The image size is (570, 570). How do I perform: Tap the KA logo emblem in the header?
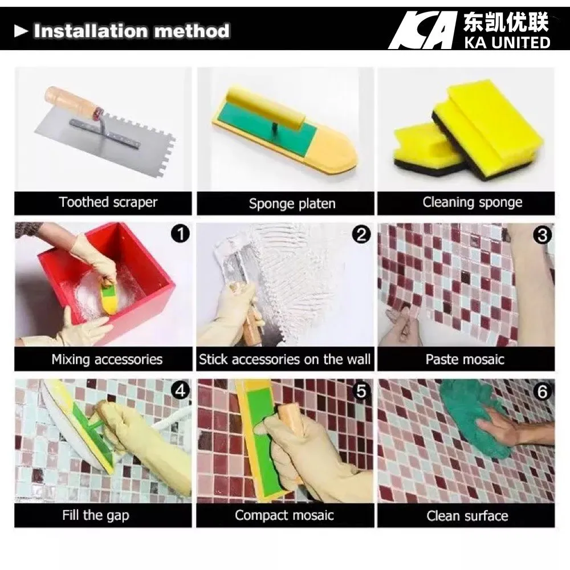tap(422, 30)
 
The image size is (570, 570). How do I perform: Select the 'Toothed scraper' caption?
tap(108, 202)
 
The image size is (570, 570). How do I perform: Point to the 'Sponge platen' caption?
tap(292, 203)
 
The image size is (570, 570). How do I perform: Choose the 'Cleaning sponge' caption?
tap(472, 202)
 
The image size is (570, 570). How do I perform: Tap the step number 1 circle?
tap(180, 234)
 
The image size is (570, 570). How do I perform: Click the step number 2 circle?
tap(361, 234)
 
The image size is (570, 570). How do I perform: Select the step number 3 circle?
tap(543, 234)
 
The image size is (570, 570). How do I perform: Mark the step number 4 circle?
tap(180, 390)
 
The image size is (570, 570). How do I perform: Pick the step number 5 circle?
tap(361, 390)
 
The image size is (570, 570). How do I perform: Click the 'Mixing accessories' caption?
tap(107, 360)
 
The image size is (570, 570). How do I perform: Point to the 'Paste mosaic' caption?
tap(465, 360)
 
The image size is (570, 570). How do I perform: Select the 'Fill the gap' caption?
tap(95, 516)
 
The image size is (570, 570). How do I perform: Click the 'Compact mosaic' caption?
tap(284, 516)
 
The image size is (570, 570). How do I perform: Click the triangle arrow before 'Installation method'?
tap(21, 31)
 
